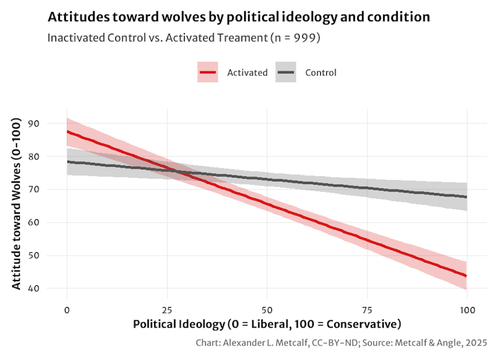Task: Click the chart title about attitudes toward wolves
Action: tap(238, 17)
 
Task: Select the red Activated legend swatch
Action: tap(208, 73)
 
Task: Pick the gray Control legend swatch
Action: tap(286, 73)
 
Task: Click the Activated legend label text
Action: tap(247, 73)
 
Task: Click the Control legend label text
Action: tap(320, 73)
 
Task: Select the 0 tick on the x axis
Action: tap(67, 310)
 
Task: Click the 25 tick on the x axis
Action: tap(167, 310)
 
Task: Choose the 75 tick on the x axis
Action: tap(367, 310)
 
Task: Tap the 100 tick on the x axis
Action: tap(467, 310)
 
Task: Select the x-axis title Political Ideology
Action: tap(267, 324)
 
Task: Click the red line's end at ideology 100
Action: tap(466, 275)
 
